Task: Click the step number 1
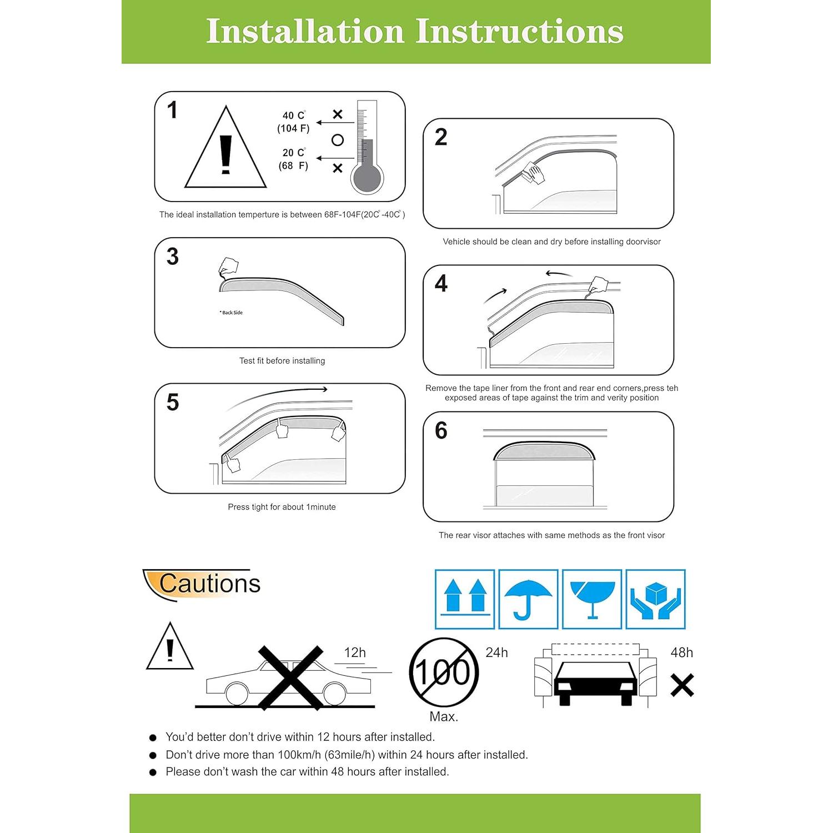(173, 110)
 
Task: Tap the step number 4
(441, 284)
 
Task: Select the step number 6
(441, 430)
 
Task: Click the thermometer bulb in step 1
(367, 179)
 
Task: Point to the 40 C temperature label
(294, 116)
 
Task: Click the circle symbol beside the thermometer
(338, 140)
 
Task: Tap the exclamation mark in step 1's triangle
(225, 154)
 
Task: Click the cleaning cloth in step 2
(534, 173)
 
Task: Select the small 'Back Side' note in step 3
(232, 313)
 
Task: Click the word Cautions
(209, 584)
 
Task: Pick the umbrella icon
(528, 599)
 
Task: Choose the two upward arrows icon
(465, 599)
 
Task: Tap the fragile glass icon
(592, 599)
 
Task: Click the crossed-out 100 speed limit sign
(444, 672)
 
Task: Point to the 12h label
(355, 653)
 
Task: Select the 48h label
(681, 653)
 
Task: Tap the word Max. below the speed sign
(444, 716)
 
